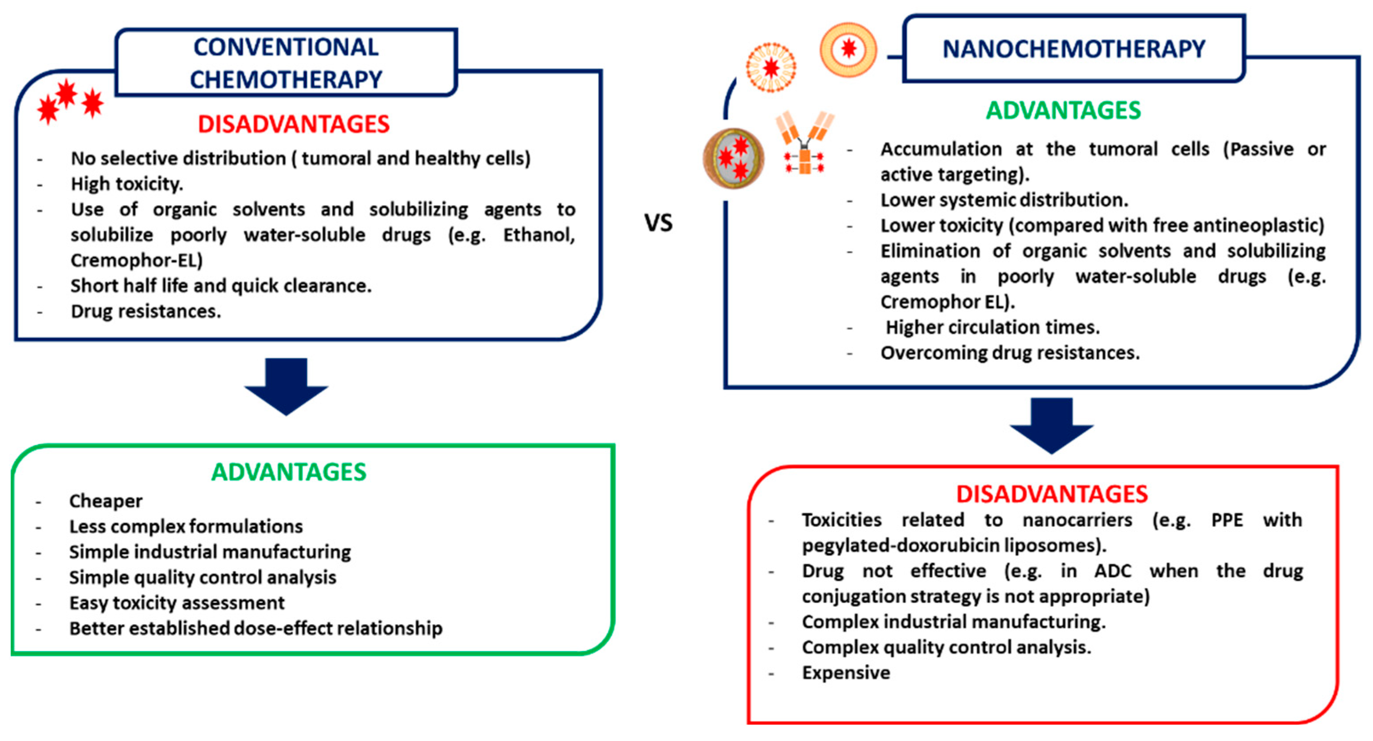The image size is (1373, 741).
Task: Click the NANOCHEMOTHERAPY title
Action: (x=1074, y=49)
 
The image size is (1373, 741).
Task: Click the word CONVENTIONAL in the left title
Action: (x=286, y=47)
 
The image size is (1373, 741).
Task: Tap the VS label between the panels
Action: (x=659, y=222)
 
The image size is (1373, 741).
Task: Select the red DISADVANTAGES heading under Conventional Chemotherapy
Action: (x=294, y=124)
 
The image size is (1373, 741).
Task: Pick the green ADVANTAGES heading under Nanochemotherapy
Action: (x=1063, y=110)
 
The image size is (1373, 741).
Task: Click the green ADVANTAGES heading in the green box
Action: (x=289, y=472)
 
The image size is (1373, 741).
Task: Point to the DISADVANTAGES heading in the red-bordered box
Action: (x=1052, y=494)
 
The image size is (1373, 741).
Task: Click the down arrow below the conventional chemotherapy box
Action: (x=286, y=386)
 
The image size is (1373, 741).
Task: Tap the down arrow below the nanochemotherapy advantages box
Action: (x=1052, y=426)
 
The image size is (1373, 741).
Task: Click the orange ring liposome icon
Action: (x=848, y=50)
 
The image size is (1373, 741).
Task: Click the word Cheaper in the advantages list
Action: (x=106, y=501)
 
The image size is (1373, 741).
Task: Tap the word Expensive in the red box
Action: (x=846, y=673)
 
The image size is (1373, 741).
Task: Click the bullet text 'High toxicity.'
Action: (x=127, y=184)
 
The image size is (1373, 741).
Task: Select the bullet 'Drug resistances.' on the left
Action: (x=146, y=311)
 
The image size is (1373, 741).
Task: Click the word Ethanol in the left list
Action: (x=539, y=235)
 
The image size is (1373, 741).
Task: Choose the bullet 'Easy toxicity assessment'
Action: (x=177, y=603)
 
